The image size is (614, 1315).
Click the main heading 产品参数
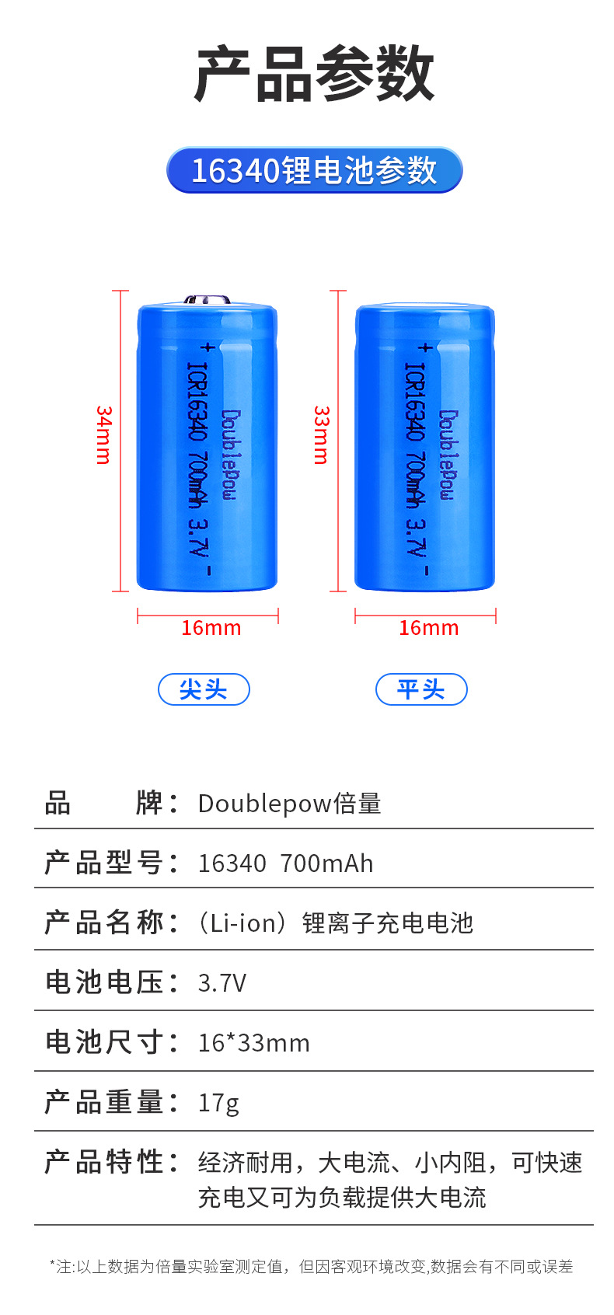(314, 74)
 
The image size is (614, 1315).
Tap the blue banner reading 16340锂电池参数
(314, 170)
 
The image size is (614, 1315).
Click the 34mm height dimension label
(103, 435)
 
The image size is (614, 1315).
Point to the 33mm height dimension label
(321, 435)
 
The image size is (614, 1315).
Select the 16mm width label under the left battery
(211, 628)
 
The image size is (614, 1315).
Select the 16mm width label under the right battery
(428, 628)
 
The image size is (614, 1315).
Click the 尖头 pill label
(204, 689)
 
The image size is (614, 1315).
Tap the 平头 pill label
(421, 689)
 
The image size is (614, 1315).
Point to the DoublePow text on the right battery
(447, 455)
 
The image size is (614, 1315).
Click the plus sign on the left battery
(207, 347)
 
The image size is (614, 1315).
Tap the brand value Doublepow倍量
(289, 803)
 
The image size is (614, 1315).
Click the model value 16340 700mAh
(285, 863)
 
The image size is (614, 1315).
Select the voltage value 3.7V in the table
(222, 983)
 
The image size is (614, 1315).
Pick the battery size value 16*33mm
(253, 1043)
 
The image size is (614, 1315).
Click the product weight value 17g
(218, 1103)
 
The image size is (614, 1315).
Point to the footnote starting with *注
(311, 1267)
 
